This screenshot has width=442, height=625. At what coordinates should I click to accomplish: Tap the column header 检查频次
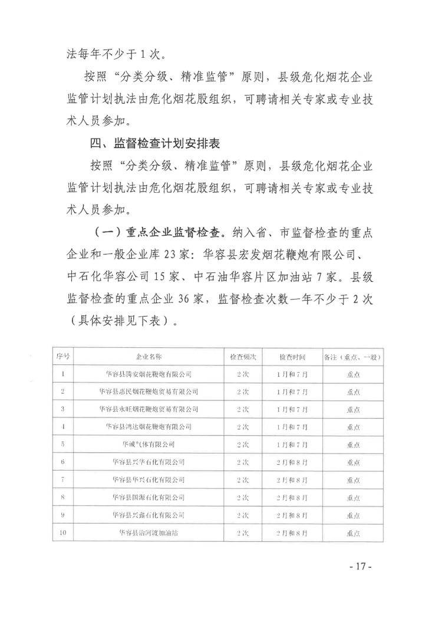pos(242,357)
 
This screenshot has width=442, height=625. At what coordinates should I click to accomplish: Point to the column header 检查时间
pos(292,357)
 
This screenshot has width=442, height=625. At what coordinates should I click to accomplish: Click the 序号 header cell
pos(63,357)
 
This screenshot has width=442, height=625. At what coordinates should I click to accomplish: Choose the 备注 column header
pos(353,357)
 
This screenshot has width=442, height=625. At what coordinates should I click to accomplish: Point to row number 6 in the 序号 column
pos(63,462)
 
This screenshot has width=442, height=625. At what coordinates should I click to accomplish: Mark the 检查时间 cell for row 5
pos(292,444)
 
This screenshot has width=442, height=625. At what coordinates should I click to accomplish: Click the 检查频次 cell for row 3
pos(242,409)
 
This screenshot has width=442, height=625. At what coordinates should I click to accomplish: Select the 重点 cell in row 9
pos(353,515)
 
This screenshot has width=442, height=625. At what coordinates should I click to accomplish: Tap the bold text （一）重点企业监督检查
pos(160,232)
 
